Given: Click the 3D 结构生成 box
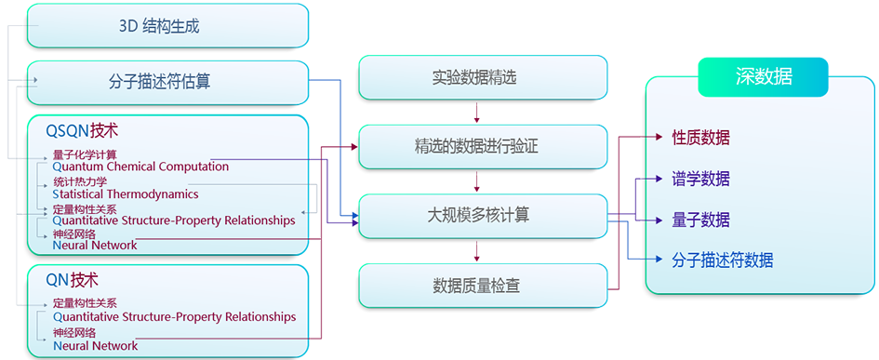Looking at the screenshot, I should pos(167,26).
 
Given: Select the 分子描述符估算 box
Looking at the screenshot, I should pos(167,82).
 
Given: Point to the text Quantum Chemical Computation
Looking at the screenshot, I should pos(140,167).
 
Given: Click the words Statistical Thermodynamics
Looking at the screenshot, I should pos(126,194).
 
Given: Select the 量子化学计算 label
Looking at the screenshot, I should pos(85,154).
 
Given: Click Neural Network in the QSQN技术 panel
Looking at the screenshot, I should pos(95,246).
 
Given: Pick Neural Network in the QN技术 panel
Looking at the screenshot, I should pos(95,346).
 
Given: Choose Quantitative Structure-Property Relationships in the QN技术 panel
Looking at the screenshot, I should pos(174,317).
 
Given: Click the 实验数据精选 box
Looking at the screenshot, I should pos(483,78).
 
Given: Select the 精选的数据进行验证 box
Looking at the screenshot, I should pos(483,147).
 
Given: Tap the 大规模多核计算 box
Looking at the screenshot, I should pos(483,216).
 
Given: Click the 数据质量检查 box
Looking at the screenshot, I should pos(483,286).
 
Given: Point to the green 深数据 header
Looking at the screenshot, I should pos(762,77).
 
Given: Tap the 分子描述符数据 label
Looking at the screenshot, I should pos(722,260).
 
